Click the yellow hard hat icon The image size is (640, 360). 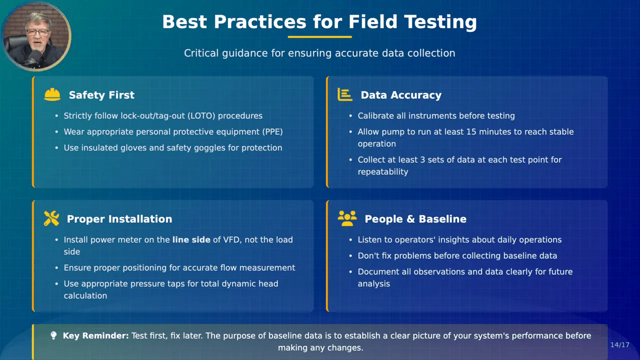(52, 94)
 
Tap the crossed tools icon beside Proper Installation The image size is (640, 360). (51, 218)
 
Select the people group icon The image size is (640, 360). (347, 218)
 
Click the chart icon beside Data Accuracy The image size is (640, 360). (345, 94)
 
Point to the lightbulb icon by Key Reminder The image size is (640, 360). (53, 335)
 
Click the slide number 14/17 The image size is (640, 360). (619, 345)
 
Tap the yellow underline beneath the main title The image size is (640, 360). (319, 37)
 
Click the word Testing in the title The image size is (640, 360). (440, 22)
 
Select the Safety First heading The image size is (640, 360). (101, 95)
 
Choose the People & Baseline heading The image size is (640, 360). (415, 219)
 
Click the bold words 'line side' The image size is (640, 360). (191, 239)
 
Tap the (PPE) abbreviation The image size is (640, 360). (272, 131)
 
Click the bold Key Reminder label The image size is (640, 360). (95, 335)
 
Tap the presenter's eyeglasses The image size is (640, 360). (37, 32)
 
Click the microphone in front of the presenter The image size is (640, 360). (35, 56)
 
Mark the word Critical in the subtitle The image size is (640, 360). (201, 53)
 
